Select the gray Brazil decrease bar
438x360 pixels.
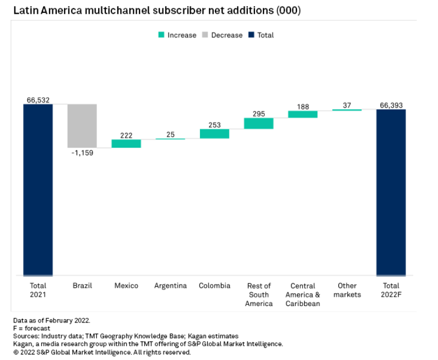tap(82, 126)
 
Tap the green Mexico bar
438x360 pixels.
tap(126, 143)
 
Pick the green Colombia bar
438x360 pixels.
tap(214, 133)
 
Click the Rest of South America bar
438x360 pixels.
tap(258, 123)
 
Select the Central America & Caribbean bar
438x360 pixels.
tap(302, 114)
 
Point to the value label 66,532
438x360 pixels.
tap(38, 100)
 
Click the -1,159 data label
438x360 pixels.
tap(82, 153)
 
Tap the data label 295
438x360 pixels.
tap(258, 114)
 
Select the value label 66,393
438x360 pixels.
tap(391, 105)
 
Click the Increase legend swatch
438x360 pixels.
tap(162, 35)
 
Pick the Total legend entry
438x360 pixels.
tap(261, 35)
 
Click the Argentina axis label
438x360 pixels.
tap(170, 286)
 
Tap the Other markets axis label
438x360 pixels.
tap(347, 290)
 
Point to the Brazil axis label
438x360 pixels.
tap(82, 286)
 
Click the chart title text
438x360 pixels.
tap(157, 11)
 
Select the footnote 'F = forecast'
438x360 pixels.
tap(31, 328)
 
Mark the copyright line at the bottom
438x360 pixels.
tap(102, 352)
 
